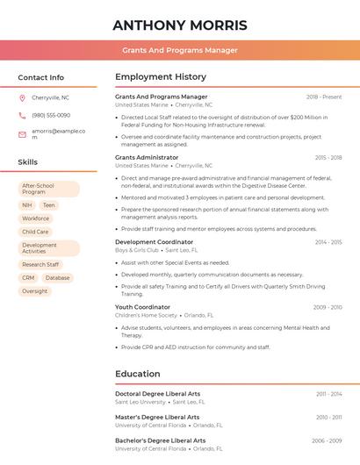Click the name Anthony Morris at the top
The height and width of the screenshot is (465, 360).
(x=180, y=25)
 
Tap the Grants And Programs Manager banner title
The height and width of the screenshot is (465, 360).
(x=180, y=50)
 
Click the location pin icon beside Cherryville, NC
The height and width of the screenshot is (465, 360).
(x=22, y=98)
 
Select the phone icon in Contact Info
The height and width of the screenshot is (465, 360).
(x=22, y=116)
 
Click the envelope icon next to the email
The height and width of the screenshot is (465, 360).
(x=22, y=134)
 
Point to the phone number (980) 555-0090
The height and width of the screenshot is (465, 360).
(x=51, y=116)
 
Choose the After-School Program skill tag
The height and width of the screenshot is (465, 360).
(x=48, y=189)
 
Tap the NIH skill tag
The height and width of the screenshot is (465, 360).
(x=27, y=205)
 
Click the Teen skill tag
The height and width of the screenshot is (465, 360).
(x=48, y=205)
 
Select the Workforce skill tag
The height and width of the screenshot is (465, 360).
(x=36, y=218)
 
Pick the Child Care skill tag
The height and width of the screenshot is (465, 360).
(x=36, y=232)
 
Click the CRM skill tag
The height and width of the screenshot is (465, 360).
(x=28, y=278)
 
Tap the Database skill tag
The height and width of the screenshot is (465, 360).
(x=57, y=278)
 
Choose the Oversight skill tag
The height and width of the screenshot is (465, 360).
(x=35, y=291)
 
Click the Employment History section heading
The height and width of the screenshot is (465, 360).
(x=160, y=77)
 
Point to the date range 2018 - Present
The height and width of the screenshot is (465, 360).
(x=323, y=97)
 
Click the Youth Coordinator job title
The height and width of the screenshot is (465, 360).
(x=142, y=307)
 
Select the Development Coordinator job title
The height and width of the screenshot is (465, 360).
(x=154, y=241)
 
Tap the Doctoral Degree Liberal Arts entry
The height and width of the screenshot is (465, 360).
(x=157, y=394)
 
